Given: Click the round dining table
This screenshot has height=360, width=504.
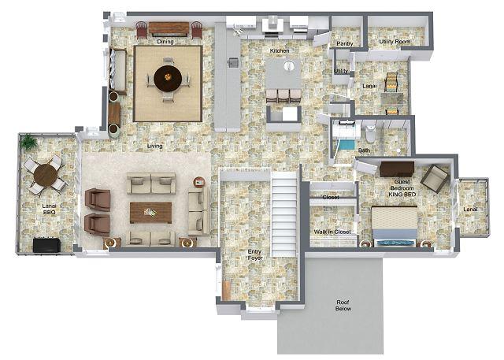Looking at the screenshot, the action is click(168, 79).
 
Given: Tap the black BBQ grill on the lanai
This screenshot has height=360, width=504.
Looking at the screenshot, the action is click(46, 245).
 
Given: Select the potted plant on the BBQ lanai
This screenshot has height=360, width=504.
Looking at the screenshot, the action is click(28, 142).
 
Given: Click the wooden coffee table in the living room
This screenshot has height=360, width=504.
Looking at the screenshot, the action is click(150, 213).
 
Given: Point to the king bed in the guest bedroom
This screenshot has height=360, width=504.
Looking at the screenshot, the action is click(395, 225).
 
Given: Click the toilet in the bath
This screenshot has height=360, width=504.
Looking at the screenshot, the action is click(370, 134).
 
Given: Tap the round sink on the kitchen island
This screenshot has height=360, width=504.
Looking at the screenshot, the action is click(289, 65).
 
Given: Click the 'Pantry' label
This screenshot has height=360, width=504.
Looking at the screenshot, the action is click(345, 43).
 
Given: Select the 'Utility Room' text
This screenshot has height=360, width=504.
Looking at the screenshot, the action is click(395, 42).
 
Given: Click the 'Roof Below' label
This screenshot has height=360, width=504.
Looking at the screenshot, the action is click(343, 306).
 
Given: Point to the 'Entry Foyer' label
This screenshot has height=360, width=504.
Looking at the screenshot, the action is click(255, 254).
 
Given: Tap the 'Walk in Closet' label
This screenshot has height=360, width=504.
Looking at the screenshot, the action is click(332, 232).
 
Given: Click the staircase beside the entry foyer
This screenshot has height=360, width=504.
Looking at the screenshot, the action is click(284, 213).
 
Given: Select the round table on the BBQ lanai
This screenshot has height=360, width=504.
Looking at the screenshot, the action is click(46, 176).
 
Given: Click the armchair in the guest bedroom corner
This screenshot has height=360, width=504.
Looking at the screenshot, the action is click(435, 178).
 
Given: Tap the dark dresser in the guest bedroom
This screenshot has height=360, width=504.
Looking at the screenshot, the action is click(397, 169).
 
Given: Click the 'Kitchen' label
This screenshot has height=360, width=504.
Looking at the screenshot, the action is click(280, 50).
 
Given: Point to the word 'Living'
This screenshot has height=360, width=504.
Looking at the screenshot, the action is click(154, 146).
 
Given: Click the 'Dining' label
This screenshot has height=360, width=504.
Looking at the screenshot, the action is click(165, 42).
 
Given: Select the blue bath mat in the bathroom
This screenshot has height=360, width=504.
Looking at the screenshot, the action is click(346, 145).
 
